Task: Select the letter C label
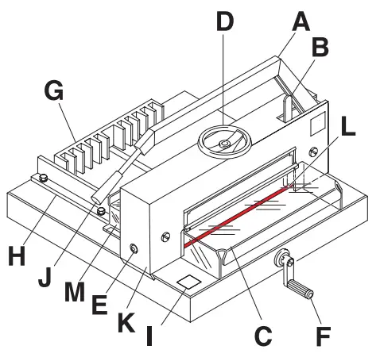262,335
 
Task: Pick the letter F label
323,335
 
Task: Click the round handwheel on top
227,143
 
